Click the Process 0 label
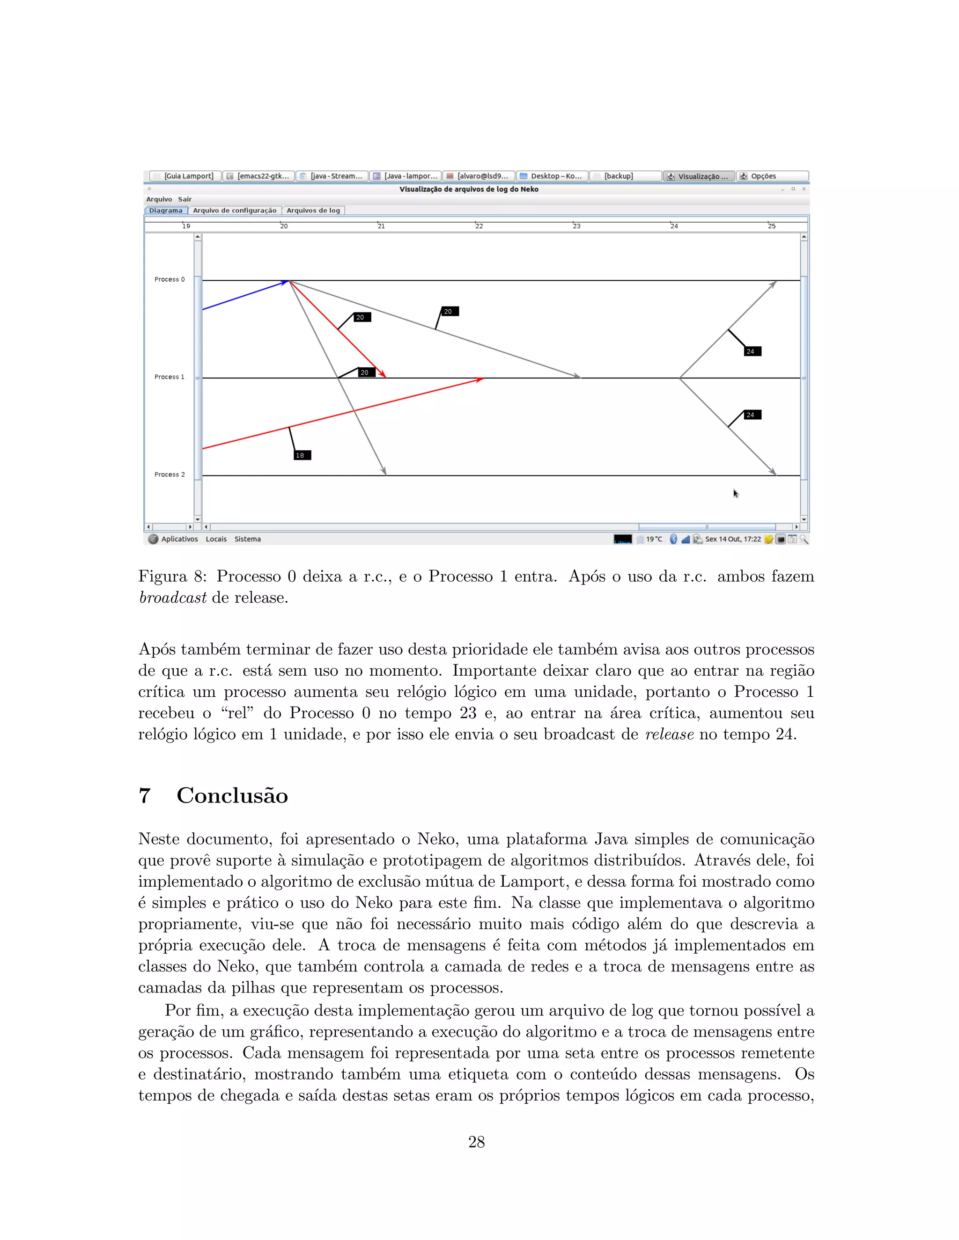tap(170, 279)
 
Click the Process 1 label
tap(170, 377)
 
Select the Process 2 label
tap(170, 474)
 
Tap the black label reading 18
tap(302, 455)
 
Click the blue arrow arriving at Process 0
tap(244, 296)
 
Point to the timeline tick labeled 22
tap(479, 226)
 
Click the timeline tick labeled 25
tap(772, 226)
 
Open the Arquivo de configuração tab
tap(235, 211)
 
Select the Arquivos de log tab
tap(313, 211)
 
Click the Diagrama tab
tap(166, 211)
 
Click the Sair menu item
tap(184, 199)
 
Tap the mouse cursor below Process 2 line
tap(736, 493)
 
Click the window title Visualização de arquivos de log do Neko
tap(469, 189)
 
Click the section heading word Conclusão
tap(232, 795)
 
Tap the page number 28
tap(476, 1142)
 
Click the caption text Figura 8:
tap(172, 576)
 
